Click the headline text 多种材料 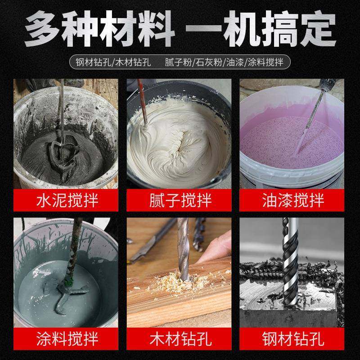pyautogui.click(x=99, y=28)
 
